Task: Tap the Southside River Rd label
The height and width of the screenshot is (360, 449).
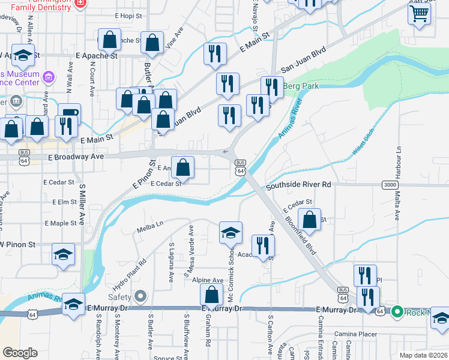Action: [x=299, y=185]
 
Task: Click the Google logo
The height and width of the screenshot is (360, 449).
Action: [x=20, y=353]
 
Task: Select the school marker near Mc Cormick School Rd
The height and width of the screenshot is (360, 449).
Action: [x=231, y=233]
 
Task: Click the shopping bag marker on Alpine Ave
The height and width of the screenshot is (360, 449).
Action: [x=211, y=295]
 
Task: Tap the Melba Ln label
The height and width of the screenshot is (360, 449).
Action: [x=150, y=224]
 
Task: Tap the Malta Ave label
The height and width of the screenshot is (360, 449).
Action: [x=397, y=203]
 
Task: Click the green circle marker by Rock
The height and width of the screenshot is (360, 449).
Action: [x=396, y=311]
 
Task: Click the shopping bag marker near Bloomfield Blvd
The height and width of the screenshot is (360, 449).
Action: [x=309, y=220]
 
